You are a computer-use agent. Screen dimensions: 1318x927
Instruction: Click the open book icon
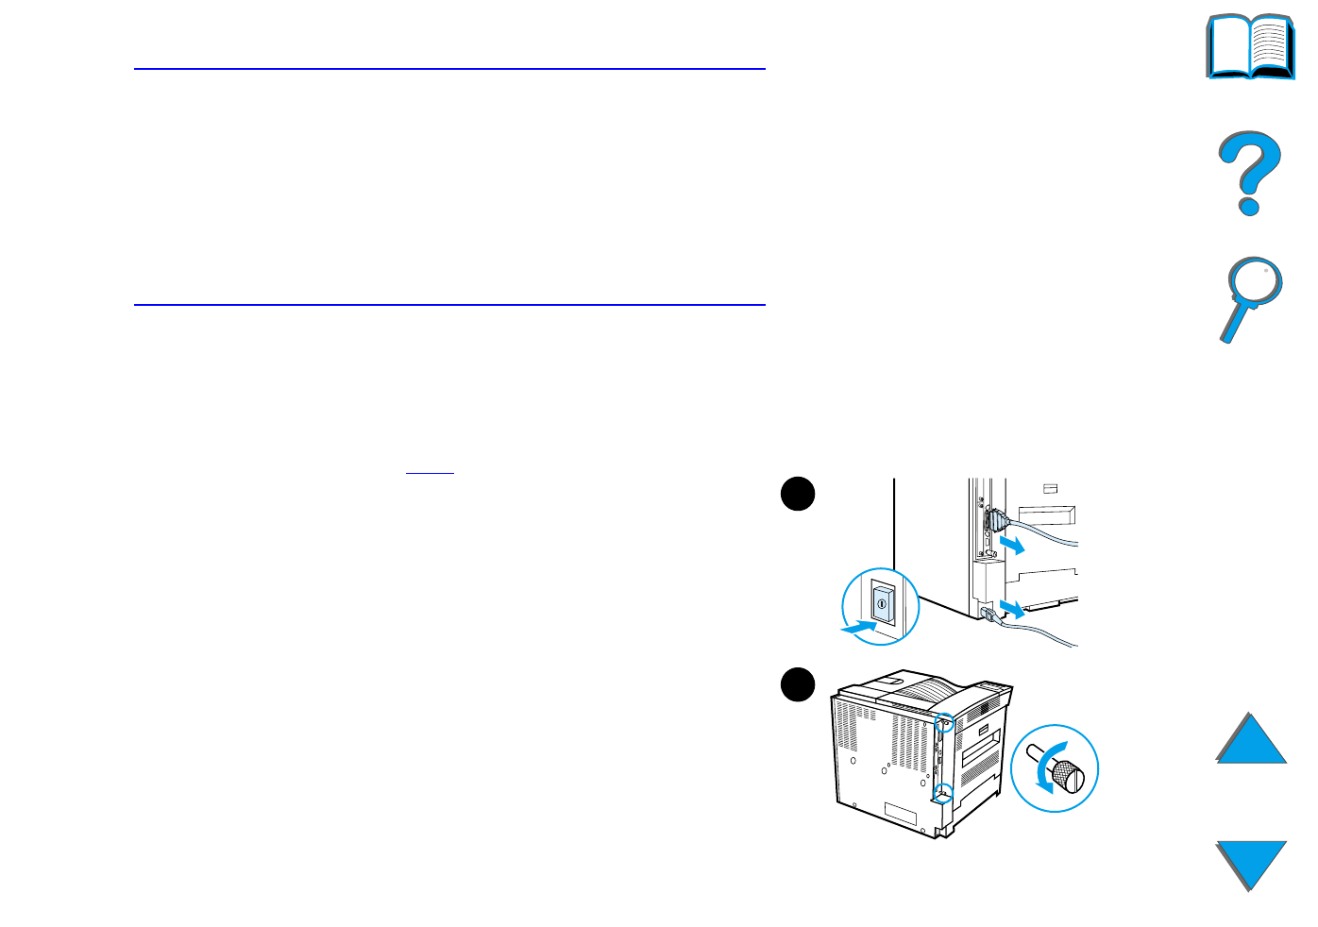[1250, 46]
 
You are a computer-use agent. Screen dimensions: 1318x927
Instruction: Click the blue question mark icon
[1249, 173]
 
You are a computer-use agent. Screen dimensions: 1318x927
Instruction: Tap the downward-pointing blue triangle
[1251, 863]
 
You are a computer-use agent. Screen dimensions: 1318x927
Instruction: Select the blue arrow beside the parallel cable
[1012, 545]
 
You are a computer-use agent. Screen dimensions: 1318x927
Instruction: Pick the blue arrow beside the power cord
[1012, 606]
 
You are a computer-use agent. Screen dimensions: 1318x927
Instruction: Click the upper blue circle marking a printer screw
[943, 724]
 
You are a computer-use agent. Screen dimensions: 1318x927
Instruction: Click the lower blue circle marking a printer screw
[942, 792]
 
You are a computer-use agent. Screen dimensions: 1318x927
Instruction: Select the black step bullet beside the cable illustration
[798, 495]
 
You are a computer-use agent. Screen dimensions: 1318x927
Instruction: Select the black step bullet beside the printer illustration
[798, 685]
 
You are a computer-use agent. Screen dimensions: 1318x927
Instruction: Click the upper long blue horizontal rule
[449, 69]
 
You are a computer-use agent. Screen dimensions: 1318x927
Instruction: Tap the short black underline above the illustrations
[430, 472]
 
